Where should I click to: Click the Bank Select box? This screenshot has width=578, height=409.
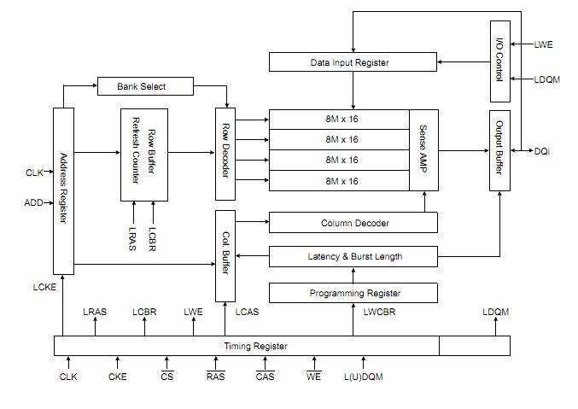tap(142, 86)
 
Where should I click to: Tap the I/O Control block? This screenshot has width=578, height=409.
tap(499, 61)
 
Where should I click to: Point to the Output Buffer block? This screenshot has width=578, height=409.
tap(499, 149)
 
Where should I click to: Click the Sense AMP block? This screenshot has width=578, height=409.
tap(423, 149)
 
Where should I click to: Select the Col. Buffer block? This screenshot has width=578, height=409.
tap(225, 256)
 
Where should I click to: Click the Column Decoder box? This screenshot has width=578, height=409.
tap(353, 223)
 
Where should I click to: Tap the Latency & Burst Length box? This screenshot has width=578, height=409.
tap(353, 256)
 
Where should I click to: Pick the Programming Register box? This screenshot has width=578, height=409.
tap(353, 293)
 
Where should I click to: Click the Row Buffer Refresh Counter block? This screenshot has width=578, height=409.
tap(144, 154)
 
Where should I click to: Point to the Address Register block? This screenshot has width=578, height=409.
tap(63, 191)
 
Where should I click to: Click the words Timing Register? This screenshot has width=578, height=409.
tap(255, 346)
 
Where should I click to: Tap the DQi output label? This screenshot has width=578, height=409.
tap(543, 150)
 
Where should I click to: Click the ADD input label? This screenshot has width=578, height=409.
tap(33, 203)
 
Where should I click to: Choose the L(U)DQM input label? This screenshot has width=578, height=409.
tap(363, 377)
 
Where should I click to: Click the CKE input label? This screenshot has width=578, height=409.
tap(118, 377)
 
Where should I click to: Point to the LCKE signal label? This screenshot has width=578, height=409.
tap(44, 287)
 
